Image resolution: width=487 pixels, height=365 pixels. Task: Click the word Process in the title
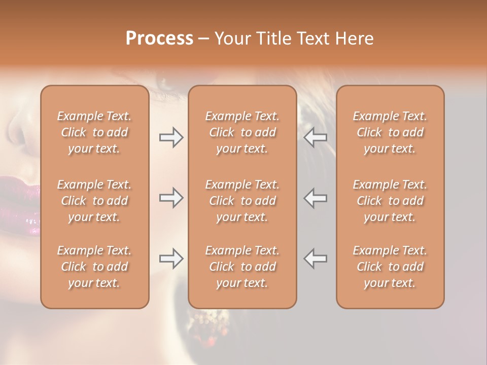159,39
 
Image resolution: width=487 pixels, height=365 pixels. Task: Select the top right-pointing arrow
171,137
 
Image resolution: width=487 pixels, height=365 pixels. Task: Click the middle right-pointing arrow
171,198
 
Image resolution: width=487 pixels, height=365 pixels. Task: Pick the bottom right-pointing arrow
171,259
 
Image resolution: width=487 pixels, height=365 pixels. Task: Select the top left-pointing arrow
316,137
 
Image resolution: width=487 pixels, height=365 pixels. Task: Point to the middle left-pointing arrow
316,198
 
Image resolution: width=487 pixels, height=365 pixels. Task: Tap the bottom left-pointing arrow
316,259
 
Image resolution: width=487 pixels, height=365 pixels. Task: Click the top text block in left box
94,132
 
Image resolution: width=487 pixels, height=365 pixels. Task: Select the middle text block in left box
94,201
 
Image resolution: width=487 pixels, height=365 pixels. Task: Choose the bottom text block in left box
94,267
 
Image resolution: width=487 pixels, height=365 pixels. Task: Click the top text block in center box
242,132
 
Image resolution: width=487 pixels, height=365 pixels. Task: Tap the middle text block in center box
242,201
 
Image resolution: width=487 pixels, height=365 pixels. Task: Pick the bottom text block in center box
242,267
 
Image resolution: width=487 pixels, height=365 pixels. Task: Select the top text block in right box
390,132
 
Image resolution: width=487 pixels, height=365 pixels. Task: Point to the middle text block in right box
390,201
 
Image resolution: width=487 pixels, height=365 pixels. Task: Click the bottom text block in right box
390,267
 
